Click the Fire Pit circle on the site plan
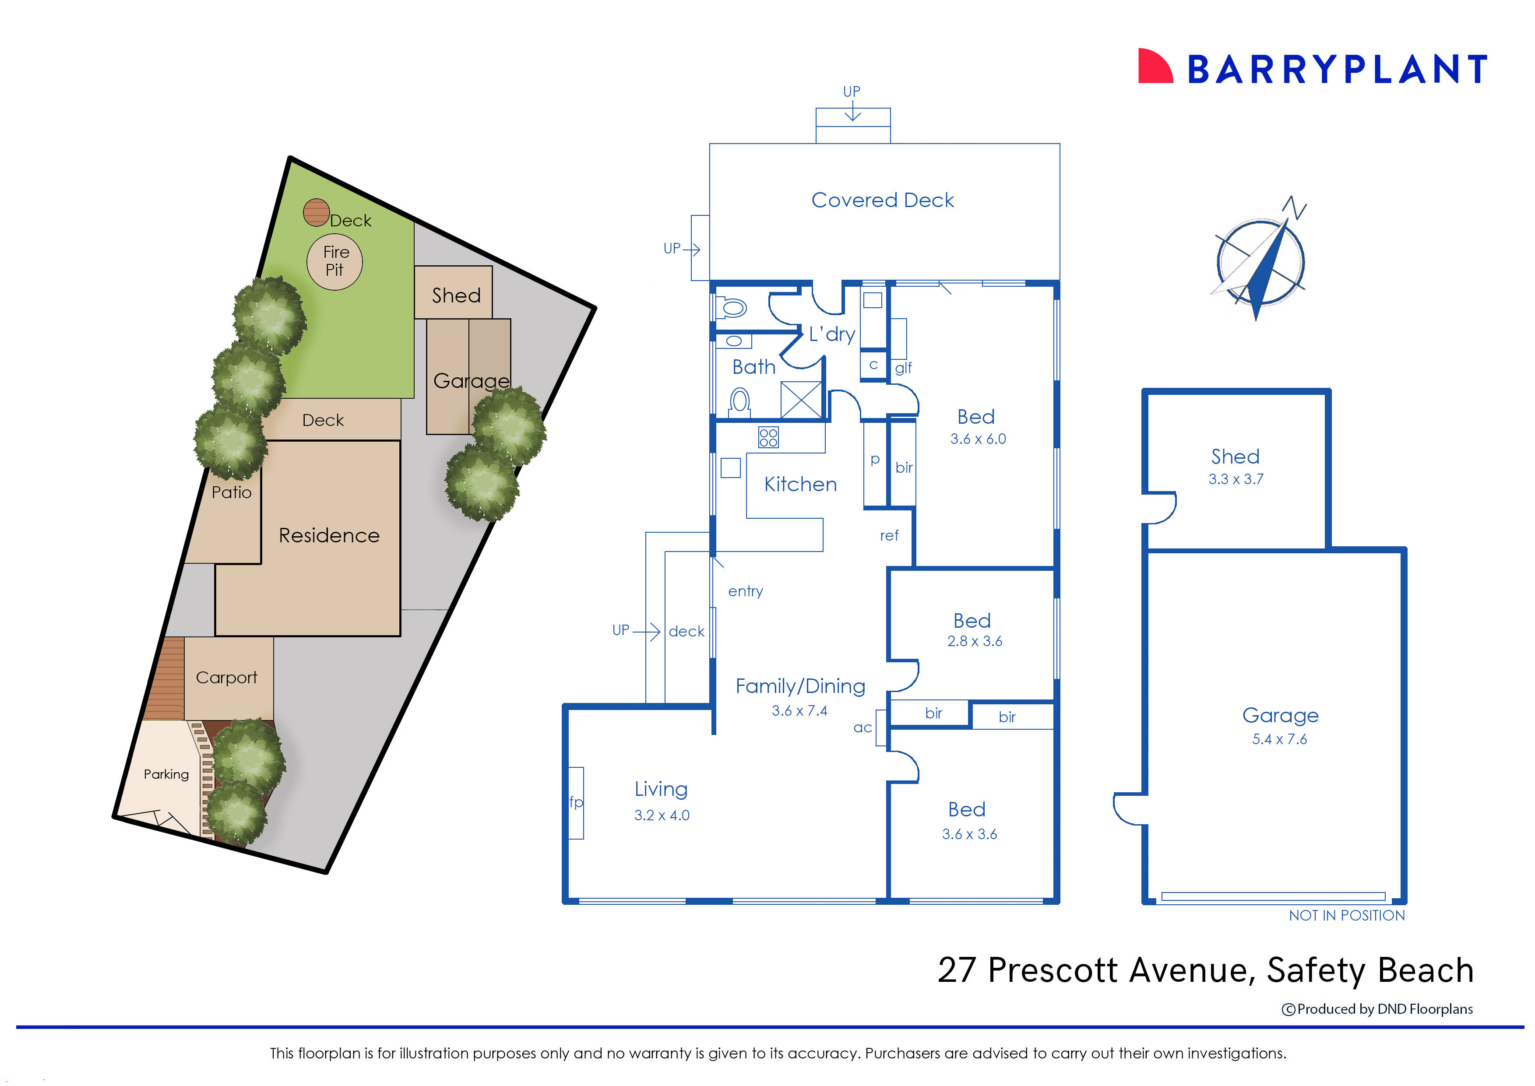tap(334, 261)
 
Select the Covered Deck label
tap(882, 200)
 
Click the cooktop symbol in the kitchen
tap(768, 437)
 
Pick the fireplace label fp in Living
tap(576, 802)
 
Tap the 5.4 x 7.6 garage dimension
tap(1279, 739)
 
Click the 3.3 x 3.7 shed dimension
tap(1236, 479)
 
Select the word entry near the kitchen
tap(745, 591)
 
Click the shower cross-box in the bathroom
tap(801, 400)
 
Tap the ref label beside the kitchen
tap(889, 535)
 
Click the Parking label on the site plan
tap(166, 774)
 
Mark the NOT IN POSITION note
tap(1346, 915)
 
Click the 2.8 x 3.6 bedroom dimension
tap(975, 641)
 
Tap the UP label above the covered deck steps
tap(852, 91)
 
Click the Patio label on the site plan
tap(232, 492)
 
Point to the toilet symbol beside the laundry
tap(732, 308)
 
